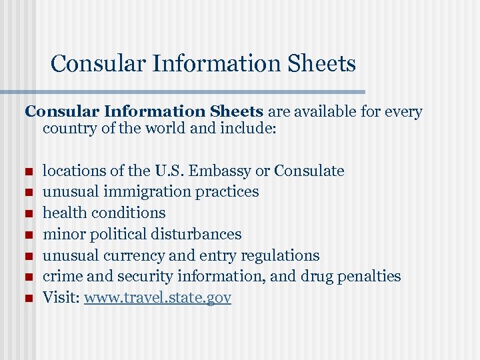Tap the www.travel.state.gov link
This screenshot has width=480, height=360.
click(x=157, y=297)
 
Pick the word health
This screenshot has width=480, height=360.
click(x=63, y=213)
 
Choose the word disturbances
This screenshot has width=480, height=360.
click(x=196, y=234)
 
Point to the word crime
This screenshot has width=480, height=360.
click(x=61, y=276)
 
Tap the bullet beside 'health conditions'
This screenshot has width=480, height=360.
click(x=28, y=214)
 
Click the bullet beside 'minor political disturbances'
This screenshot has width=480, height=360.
click(x=28, y=235)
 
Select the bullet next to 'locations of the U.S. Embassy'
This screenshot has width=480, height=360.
click(x=28, y=171)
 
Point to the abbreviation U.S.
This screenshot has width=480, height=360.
click(x=171, y=171)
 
